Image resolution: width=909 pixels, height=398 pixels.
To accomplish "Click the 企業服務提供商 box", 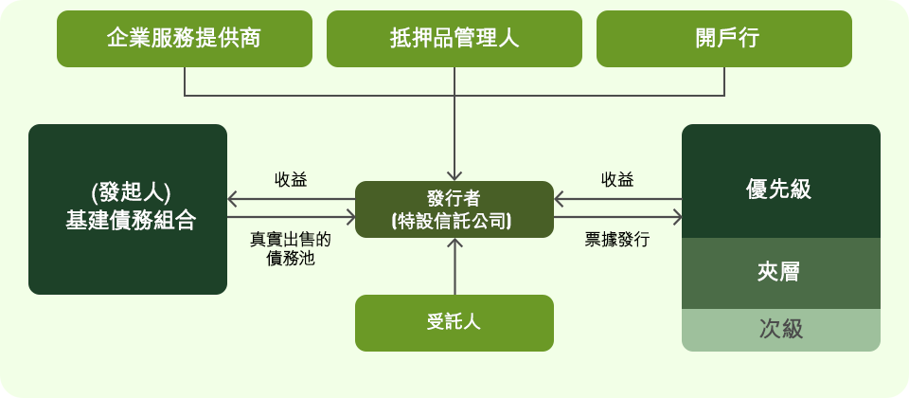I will (185, 39).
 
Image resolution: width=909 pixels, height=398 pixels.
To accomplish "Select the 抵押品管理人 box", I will (454, 39).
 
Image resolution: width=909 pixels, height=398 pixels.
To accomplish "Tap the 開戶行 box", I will (724, 39).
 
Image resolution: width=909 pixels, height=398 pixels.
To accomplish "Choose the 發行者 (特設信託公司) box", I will (454, 209).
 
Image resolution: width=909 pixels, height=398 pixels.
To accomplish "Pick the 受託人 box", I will (454, 322).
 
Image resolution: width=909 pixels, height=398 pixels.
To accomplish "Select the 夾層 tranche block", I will (781, 273).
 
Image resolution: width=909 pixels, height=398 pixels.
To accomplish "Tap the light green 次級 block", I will (781, 330).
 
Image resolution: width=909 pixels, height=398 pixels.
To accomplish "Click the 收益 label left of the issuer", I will (291, 180).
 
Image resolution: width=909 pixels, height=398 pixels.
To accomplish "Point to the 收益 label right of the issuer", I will (617, 180).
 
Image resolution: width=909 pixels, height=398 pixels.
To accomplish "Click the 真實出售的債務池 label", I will (291, 248).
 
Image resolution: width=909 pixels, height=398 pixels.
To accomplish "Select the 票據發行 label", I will (617, 240).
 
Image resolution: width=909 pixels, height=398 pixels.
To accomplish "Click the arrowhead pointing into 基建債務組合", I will (233, 199).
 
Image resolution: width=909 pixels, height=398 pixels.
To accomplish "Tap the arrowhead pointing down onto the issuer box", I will (454, 175).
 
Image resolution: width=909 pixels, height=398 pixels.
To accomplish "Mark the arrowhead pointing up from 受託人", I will (454, 244).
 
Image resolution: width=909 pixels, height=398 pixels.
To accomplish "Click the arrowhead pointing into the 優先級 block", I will (676, 218).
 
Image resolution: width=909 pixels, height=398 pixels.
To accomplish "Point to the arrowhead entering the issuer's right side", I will (560, 199).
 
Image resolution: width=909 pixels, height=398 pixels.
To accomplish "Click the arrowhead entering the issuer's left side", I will (349, 218).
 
